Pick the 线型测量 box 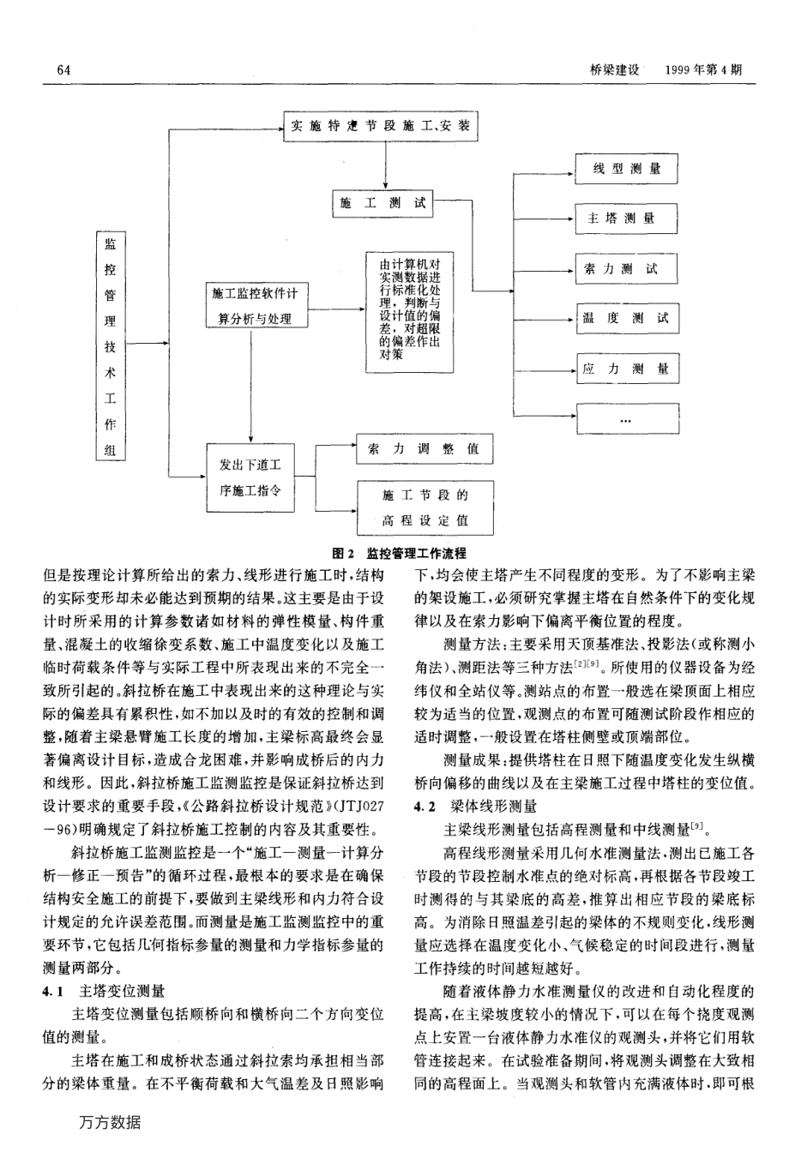coord(626,169)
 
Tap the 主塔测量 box coord(626,219)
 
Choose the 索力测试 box coord(626,269)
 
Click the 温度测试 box coord(626,320)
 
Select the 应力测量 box coord(626,370)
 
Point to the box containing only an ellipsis coord(626,419)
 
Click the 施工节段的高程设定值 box coord(425,507)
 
